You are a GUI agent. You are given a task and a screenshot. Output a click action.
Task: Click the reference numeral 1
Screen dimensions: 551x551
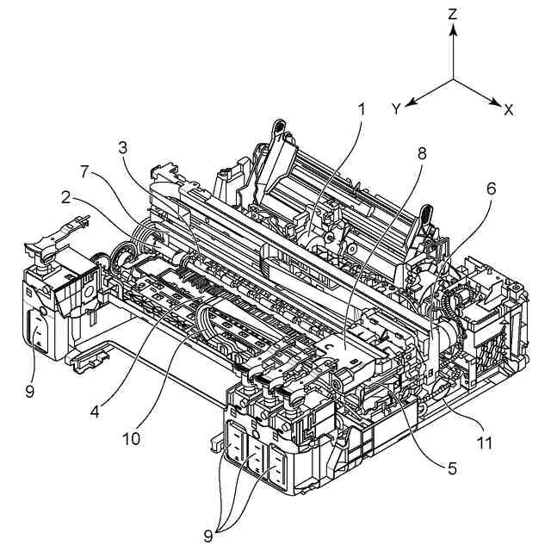[x=362, y=109]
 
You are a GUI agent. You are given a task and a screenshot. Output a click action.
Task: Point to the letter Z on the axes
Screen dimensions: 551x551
[x=454, y=15]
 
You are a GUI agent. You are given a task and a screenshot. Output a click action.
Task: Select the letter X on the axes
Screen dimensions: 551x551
[x=509, y=109]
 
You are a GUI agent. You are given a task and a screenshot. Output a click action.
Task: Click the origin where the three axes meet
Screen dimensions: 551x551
[x=454, y=80]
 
